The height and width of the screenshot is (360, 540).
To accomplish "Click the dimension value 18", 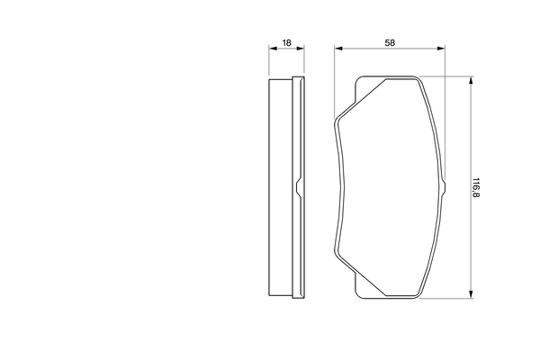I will (x=286, y=43).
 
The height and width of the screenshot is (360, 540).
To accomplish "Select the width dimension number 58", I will (x=390, y=43).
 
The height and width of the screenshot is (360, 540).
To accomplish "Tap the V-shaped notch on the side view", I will (x=296, y=188).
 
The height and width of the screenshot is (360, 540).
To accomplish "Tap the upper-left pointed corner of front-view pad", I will (x=336, y=119).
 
